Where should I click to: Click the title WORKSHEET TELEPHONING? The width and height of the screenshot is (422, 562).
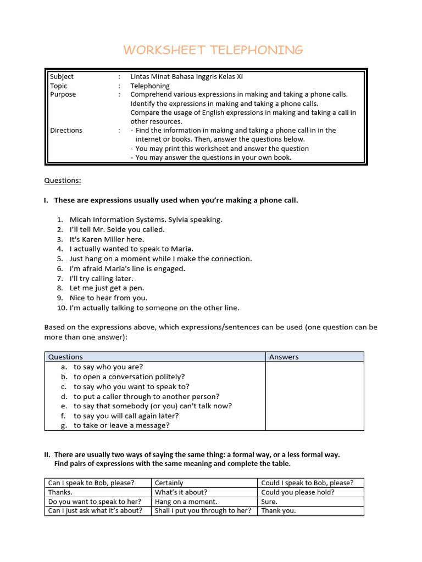(x=213, y=50)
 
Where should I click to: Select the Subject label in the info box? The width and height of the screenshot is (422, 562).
(x=62, y=77)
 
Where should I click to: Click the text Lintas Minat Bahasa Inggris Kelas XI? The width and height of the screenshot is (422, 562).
(x=186, y=77)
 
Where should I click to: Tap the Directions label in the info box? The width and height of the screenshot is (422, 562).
(x=66, y=131)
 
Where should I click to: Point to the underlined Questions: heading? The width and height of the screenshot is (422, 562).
(x=62, y=181)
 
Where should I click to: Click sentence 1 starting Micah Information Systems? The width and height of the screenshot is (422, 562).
(x=146, y=220)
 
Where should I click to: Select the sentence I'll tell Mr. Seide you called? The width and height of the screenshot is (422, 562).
(x=117, y=229)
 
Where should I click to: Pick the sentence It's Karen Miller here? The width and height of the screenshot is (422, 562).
(x=107, y=239)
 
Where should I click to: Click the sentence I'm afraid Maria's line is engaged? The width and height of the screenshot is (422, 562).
(x=127, y=268)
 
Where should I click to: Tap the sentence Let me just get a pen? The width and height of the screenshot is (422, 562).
(x=107, y=288)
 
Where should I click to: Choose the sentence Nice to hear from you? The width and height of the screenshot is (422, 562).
(x=108, y=297)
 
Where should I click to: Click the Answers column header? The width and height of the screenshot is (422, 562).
(x=284, y=357)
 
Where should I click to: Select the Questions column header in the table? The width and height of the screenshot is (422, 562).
(x=65, y=357)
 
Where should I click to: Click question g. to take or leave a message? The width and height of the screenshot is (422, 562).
(x=121, y=425)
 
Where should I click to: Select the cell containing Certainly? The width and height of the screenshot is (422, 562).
(x=169, y=483)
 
